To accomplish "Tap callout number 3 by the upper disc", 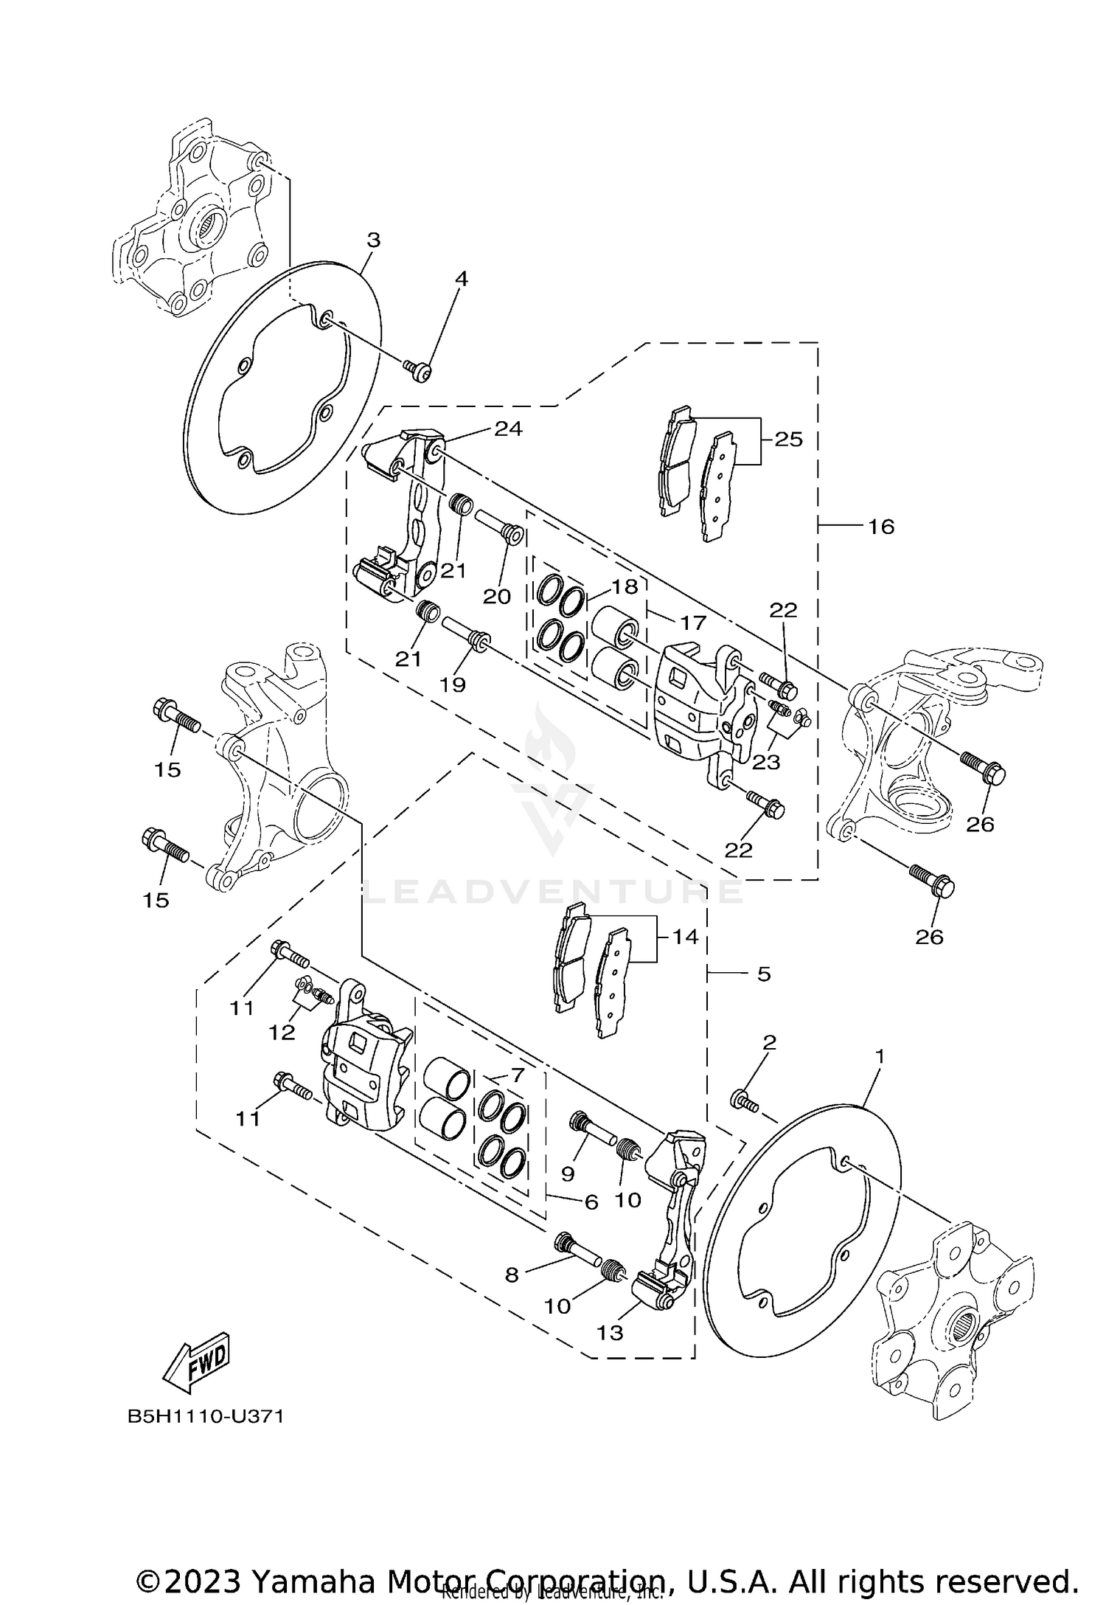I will pos(374,240).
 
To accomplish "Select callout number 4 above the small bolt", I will pos(462,279).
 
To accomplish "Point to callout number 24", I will pos(508,429).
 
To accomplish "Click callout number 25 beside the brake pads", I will pos(788,439).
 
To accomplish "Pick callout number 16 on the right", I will pos(881,527).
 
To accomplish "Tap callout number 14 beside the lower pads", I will pos(685,937).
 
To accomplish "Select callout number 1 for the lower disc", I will pos(879,1056).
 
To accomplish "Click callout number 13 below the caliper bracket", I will pos(611,1332).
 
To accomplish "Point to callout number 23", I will pos(766,762).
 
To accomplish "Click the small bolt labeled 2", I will pos(743,1102).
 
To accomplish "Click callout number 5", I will pos(763,974).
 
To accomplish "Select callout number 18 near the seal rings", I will pos(624,586).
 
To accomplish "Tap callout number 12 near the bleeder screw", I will pos(282,1033).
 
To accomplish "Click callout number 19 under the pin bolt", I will pos(453,684).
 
